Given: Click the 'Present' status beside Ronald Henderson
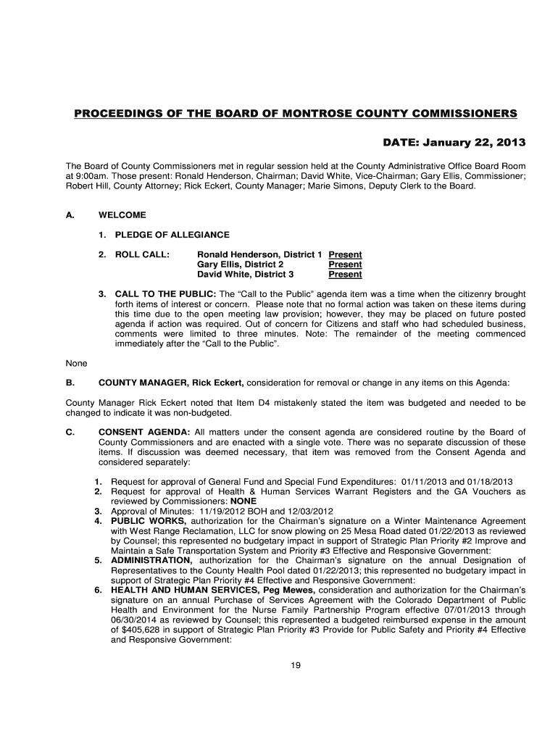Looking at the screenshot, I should pos(345,255).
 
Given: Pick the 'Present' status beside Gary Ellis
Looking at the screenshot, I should pos(345,265).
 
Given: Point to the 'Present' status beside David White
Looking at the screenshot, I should pos(345,275).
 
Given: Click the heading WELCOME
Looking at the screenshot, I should pos(122,215).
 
